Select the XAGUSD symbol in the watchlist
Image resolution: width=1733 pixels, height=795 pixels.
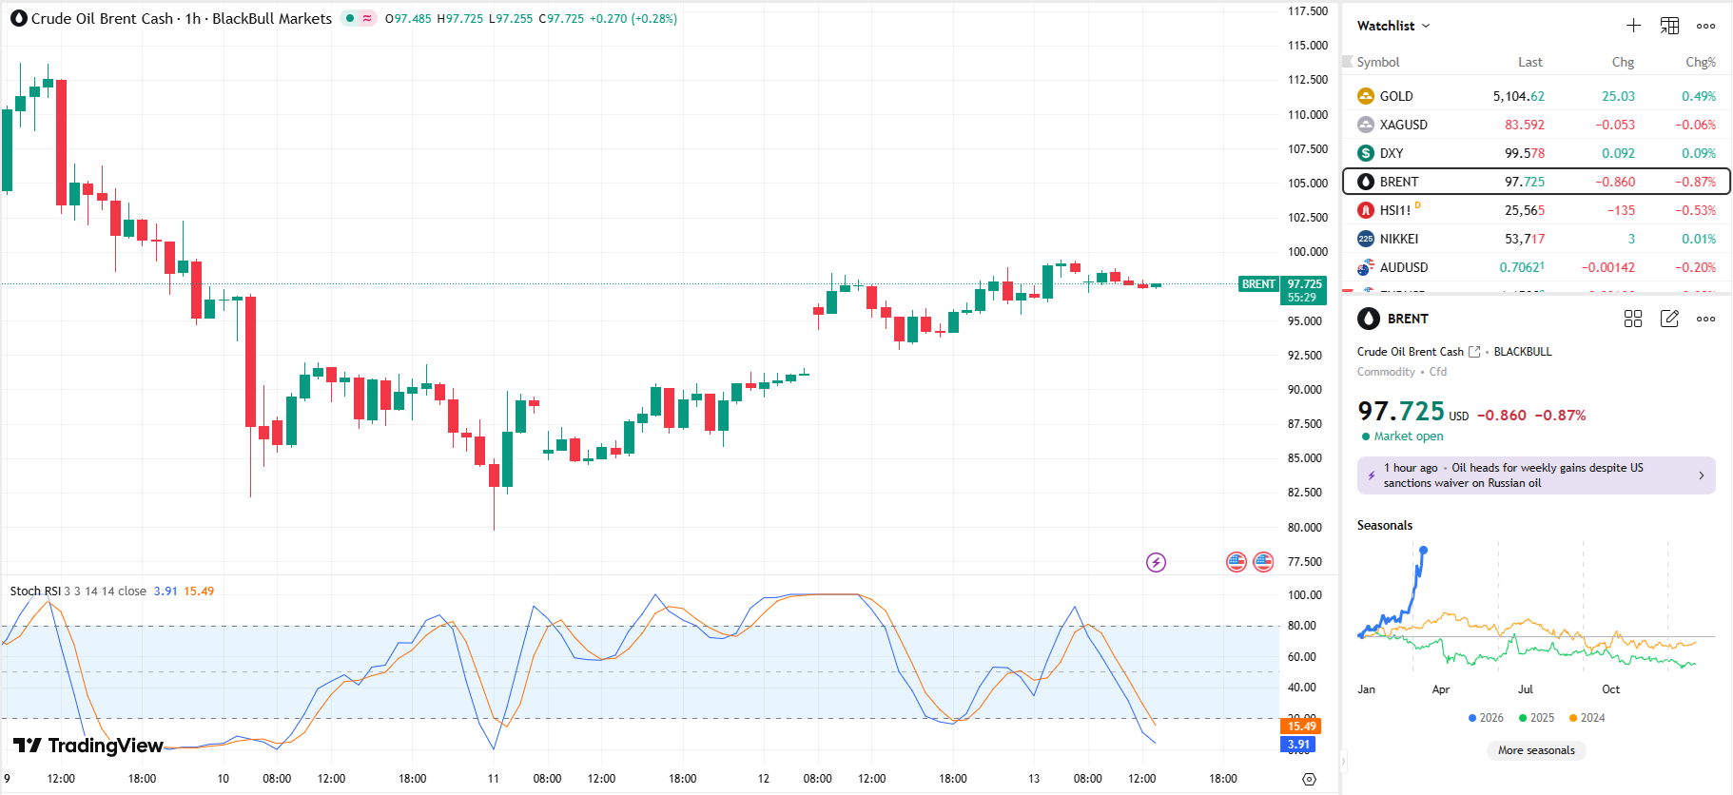pos(1403,125)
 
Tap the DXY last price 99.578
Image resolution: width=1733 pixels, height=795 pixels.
pos(1524,153)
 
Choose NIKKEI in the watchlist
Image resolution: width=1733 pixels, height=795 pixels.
pos(1398,239)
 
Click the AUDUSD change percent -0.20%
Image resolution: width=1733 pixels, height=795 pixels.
pos(1695,267)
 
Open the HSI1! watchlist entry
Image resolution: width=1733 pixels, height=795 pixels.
pos(1394,210)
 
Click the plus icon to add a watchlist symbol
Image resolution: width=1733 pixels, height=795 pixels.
pos(1633,26)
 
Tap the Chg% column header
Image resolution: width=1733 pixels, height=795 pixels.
pos(1700,62)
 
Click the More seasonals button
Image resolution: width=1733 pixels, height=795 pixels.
pos(1536,750)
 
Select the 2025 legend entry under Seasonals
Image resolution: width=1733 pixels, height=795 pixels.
pos(1536,718)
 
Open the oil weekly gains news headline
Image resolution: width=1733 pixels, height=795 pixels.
pos(1535,475)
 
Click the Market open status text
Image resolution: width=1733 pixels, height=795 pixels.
pos(1408,436)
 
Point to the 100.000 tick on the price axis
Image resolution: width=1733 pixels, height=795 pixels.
pos(1307,252)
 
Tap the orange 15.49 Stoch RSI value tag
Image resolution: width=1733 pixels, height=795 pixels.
pos(1300,727)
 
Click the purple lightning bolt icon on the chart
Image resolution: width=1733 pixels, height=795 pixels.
pos(1156,563)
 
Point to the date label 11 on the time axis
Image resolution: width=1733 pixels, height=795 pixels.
pos(493,778)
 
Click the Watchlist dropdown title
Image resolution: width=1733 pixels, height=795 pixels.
pos(1392,26)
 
